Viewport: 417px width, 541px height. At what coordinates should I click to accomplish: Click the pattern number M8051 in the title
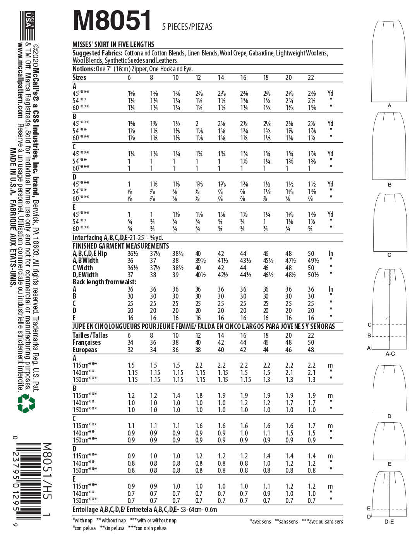[x=112, y=21]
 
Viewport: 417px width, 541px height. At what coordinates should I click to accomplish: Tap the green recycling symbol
[x=26, y=403]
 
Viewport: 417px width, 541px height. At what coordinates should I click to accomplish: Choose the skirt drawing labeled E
[x=389, y=440]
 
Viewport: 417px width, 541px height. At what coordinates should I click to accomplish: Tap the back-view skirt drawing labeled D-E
[x=390, y=494]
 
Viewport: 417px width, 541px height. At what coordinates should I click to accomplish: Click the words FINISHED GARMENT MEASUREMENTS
[x=121, y=246]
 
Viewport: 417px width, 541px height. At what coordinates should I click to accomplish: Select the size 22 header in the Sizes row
[x=311, y=78]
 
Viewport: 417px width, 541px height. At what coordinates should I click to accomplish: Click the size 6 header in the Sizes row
[x=129, y=78]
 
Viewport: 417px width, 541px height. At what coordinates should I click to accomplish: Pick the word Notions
[x=84, y=69]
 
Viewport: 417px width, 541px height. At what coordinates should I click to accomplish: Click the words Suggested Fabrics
[x=98, y=53]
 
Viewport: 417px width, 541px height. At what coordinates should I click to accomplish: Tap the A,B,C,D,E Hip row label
[x=90, y=254]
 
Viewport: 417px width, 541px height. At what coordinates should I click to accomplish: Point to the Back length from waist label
[x=104, y=282]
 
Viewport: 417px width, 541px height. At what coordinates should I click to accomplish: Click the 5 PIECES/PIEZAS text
[x=187, y=27]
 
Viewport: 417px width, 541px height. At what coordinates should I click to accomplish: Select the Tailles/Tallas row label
[x=90, y=335]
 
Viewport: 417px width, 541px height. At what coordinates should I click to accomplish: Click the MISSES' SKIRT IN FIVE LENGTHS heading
[x=113, y=45]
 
